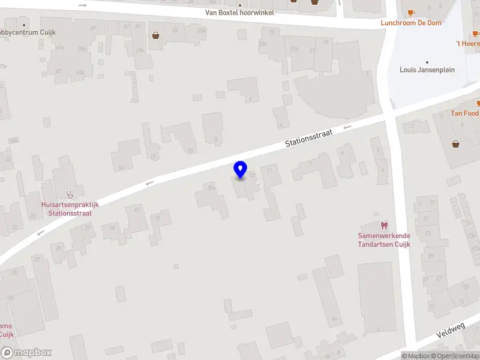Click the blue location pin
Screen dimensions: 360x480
pos(241,170)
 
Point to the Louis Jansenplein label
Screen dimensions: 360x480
pos(427,70)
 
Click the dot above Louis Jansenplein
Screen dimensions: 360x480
pos(427,62)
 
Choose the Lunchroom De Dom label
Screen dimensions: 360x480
pos(410,23)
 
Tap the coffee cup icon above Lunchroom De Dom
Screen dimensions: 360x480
pos(411,13)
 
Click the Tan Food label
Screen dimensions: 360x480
pos(465,113)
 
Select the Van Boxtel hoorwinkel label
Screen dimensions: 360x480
pos(239,12)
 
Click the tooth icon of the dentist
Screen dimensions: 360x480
pos(385,225)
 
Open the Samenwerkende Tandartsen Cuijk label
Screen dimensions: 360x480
pos(384,240)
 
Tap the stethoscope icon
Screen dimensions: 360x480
pos(70,194)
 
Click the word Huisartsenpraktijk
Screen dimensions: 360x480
pos(70,205)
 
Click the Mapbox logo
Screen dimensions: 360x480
pos(26,353)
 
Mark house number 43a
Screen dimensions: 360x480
pos(80,72)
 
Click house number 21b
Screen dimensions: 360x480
pos(294,49)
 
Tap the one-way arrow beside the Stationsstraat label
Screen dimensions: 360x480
pos(346,127)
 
